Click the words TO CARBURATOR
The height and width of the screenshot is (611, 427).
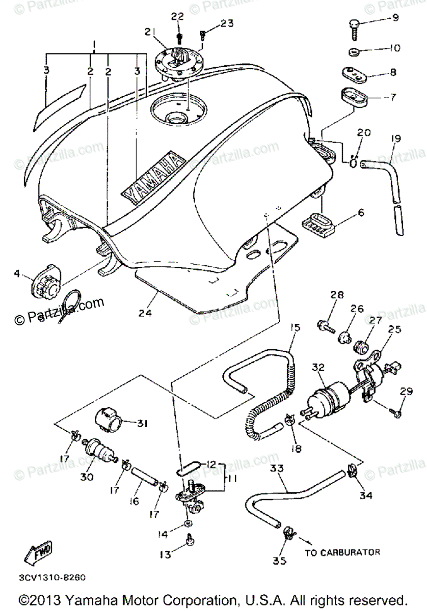pyautogui.click(x=342, y=552)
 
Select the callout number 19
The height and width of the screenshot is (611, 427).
pyautogui.click(x=396, y=138)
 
